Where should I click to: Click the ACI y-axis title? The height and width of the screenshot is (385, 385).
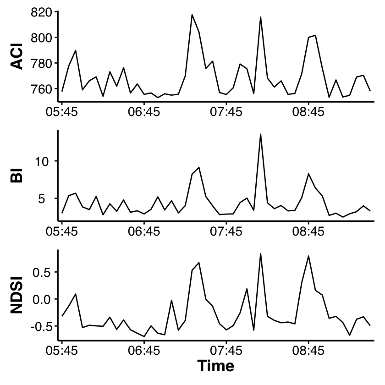16,56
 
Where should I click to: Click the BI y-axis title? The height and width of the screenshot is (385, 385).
16,175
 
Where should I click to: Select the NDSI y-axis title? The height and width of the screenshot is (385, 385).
16,295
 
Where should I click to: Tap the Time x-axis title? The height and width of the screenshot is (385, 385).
216,366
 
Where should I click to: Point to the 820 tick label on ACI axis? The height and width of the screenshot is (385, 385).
42,12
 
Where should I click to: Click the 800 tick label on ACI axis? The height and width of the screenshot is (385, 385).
42,38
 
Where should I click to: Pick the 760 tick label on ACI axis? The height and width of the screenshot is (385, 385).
42,89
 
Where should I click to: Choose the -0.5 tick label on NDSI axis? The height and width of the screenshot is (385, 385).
42,326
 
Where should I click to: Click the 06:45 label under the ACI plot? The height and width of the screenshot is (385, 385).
144,112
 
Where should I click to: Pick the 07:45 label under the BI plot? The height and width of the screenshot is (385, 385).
226,231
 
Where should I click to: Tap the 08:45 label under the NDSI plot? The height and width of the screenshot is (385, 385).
308,351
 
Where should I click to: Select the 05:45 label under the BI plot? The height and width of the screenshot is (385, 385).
61,231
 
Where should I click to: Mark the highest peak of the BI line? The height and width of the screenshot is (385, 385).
260,134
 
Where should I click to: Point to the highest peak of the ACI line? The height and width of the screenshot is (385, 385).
192,15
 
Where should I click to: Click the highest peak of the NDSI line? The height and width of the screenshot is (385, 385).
260,253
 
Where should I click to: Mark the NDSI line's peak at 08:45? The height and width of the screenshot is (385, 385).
308,256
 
